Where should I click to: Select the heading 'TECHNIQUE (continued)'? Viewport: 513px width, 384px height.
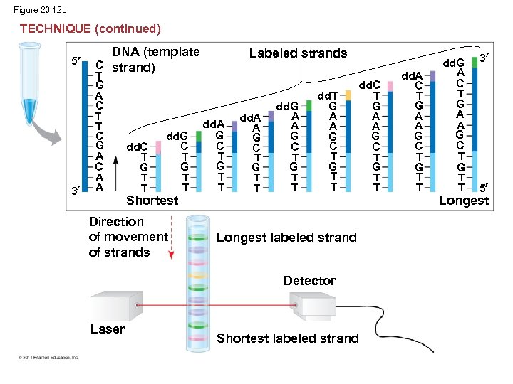coord(90,28)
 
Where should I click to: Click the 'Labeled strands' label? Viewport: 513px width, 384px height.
coord(298,53)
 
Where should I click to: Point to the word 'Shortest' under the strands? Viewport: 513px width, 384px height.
coord(152,201)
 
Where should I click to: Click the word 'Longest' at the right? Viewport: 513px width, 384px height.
coord(464,201)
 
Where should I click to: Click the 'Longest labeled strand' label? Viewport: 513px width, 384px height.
coord(286,237)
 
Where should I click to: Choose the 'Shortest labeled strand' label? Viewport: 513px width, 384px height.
coord(287,338)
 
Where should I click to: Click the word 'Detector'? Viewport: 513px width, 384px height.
coord(309,281)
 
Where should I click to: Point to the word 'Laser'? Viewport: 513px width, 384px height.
coord(108,329)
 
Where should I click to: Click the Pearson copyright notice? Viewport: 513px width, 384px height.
coord(49,357)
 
